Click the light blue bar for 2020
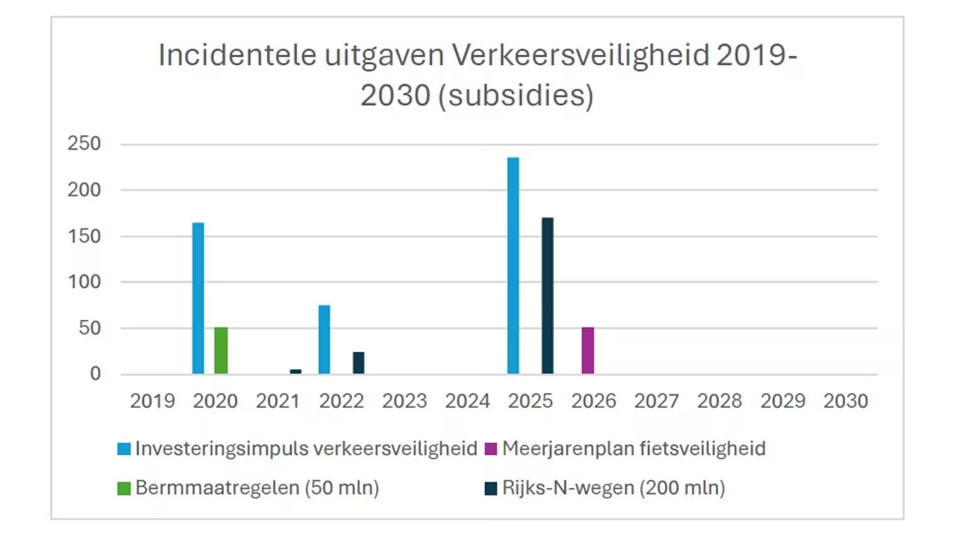click(198, 299)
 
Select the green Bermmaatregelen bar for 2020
click(221, 351)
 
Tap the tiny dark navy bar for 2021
click(296, 372)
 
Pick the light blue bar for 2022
click(324, 339)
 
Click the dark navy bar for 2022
click(358, 363)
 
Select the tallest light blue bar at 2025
click(513, 266)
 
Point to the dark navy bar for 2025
click(547, 296)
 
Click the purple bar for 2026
click(587, 351)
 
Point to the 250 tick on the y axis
click(84, 144)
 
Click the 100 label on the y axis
click(84, 282)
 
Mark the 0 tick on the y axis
click(95, 374)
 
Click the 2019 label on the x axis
click(152, 401)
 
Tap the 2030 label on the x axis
click(845, 401)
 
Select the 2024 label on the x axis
click(467, 401)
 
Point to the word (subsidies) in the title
click(516, 96)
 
